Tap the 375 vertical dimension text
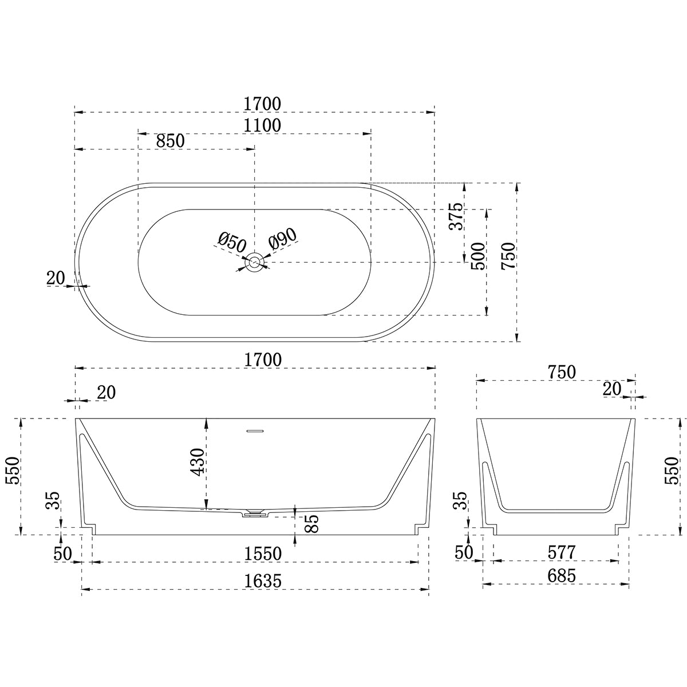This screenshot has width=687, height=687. coord(455,216)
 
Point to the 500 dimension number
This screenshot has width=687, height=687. coord(477,257)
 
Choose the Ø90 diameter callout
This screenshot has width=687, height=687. coord(281,238)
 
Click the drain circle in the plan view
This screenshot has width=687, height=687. coord(255,263)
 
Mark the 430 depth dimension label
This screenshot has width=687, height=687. coord(196,463)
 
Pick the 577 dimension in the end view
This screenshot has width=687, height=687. coord(561,553)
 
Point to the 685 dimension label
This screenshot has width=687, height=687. coord(561,576)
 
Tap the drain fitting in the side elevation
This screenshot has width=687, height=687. coord(254,513)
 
